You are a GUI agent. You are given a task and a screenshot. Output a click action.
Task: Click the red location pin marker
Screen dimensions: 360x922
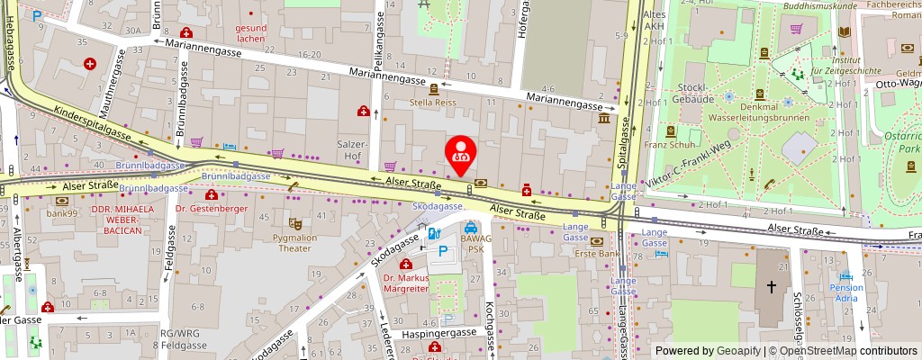pos(461,155)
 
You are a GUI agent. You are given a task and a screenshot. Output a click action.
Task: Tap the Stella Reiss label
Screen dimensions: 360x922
pos(433,102)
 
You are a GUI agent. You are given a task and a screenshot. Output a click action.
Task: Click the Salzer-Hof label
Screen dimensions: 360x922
pos(351,149)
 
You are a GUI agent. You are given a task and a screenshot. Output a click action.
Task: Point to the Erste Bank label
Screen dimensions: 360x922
pos(597,253)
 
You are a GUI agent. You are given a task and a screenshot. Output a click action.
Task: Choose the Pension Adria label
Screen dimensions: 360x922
pos(845,293)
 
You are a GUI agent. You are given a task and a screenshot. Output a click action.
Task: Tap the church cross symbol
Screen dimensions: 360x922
pos(771,287)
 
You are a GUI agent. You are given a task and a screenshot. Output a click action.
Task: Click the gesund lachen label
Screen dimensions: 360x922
pos(250,33)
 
